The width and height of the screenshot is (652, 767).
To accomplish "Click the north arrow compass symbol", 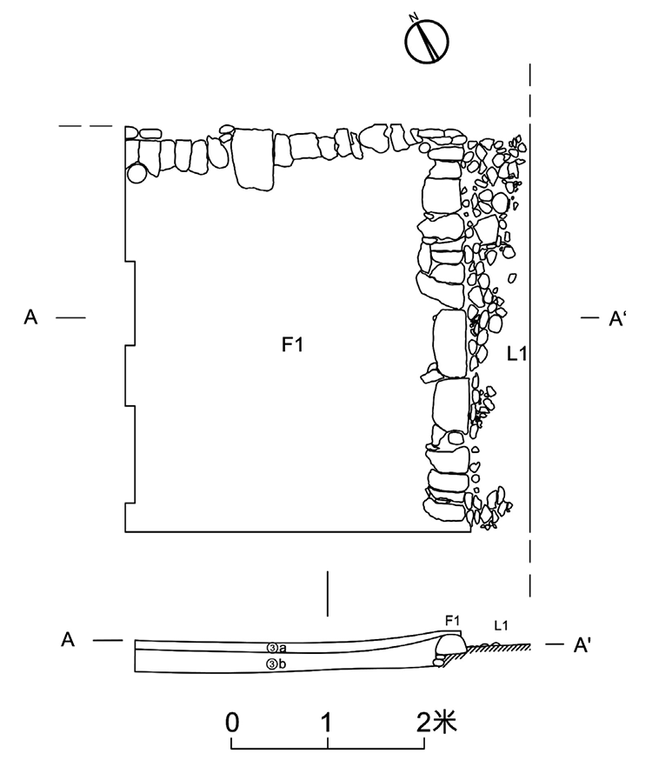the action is coord(427,42).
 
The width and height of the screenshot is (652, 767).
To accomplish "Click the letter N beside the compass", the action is coord(414,18).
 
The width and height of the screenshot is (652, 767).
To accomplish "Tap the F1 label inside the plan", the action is coord(292,345).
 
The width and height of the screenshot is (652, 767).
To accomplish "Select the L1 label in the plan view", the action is coord(517,353).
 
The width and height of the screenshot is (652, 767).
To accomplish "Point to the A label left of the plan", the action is coord(30,317).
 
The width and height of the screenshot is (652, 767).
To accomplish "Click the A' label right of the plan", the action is coord(616,318).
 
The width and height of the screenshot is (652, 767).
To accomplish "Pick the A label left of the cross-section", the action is coord(68,639).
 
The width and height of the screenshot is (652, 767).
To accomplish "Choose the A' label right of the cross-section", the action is coord(582,645).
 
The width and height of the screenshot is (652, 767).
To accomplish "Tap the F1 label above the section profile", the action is coord(452,621).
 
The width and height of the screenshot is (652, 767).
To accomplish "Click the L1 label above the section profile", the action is coord(501,624).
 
